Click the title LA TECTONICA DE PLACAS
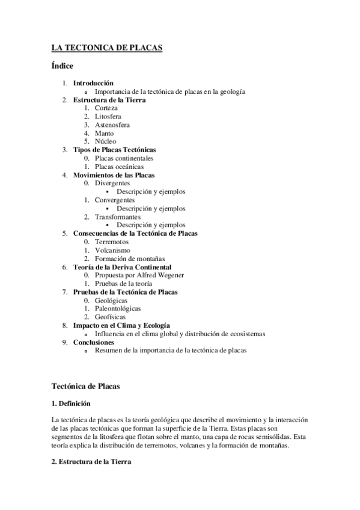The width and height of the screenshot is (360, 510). (108, 48)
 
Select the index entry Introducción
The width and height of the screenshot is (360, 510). (93, 83)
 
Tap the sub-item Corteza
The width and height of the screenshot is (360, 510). (106, 108)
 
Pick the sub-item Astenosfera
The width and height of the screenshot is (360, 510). (112, 124)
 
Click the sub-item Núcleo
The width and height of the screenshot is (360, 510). (105, 141)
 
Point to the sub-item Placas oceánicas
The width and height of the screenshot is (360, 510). (119, 167)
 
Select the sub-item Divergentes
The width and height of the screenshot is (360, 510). (112, 183)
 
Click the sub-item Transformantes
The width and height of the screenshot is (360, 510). (118, 217)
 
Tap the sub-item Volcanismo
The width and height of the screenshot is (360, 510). (112, 250)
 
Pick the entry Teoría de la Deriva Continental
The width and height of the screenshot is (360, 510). (122, 267)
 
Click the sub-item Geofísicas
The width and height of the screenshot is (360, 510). (110, 317)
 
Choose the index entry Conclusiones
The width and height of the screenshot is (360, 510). (93, 342)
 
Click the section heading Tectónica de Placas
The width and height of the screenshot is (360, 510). (86, 387)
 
